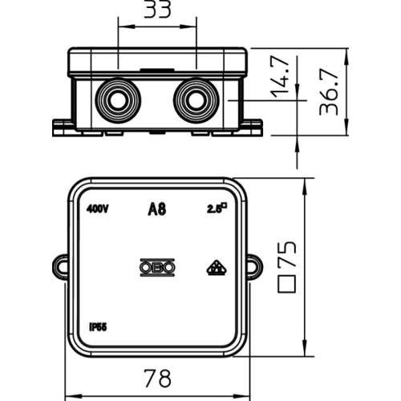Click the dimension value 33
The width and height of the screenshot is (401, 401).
[157, 9]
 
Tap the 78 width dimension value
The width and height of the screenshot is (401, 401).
[157, 379]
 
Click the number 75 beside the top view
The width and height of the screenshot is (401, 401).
[287, 254]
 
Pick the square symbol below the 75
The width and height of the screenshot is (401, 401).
[287, 284]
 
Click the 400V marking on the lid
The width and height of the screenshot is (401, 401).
[97, 209]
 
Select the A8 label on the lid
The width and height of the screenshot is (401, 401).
[157, 209]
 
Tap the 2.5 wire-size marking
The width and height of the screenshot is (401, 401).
[217, 209]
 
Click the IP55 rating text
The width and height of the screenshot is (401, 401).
[98, 327]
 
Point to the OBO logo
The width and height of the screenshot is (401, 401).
[157, 267]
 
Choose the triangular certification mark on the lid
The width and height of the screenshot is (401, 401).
[217, 268]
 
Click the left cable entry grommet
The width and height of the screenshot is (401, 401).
[118, 100]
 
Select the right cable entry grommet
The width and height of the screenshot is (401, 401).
[196, 100]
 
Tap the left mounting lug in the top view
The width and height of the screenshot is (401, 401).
[60, 267]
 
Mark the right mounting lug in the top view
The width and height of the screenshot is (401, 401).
[254, 267]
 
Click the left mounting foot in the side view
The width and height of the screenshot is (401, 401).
[63, 128]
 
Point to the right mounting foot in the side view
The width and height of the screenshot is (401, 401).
[253, 128]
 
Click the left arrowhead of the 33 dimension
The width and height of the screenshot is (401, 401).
[126, 26]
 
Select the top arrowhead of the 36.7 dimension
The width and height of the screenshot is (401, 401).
[347, 55]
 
